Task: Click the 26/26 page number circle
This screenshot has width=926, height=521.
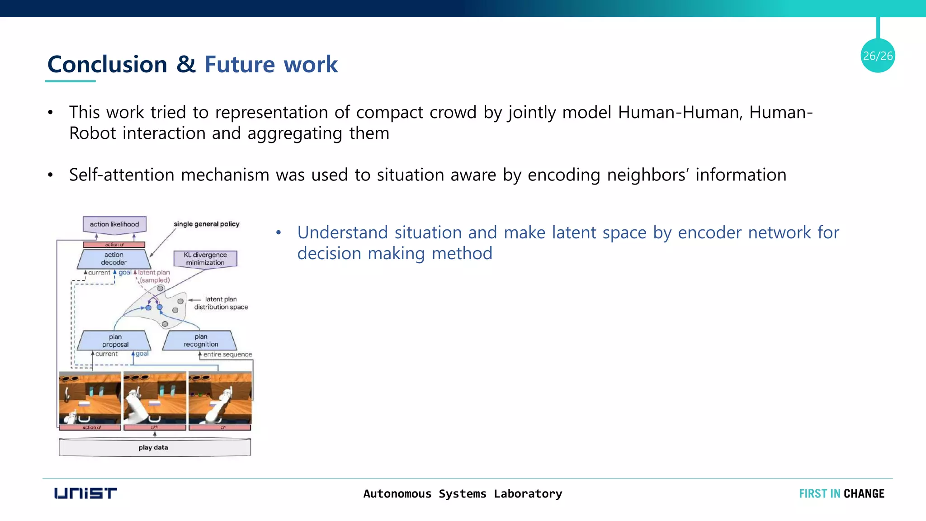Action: [x=877, y=56]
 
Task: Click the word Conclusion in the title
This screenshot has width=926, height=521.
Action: [x=107, y=64]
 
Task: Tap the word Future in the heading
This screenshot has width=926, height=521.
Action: [x=239, y=64]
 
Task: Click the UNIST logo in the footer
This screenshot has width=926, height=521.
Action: [x=85, y=493]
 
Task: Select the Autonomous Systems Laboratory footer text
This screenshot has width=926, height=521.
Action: [x=463, y=493]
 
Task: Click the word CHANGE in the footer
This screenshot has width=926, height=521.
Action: [x=864, y=493]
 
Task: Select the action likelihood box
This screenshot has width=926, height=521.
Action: [x=114, y=224]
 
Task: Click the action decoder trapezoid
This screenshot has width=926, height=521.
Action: [x=114, y=259]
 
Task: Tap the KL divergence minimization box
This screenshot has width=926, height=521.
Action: [x=205, y=259]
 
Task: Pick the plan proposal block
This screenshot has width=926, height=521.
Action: [x=115, y=341]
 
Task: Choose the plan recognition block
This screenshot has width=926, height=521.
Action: [x=200, y=341]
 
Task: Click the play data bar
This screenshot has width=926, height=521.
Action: [x=154, y=447]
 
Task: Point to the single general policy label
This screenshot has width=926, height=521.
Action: [x=206, y=224]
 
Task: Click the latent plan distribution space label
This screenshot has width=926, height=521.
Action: [x=221, y=303]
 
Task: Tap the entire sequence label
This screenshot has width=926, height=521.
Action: [x=227, y=355]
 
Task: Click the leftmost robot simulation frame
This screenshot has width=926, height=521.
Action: [x=90, y=398]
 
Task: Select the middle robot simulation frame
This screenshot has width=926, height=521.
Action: [x=155, y=398]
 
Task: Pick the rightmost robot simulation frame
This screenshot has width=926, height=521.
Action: [x=220, y=398]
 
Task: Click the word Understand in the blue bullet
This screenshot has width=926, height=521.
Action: [x=342, y=232]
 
